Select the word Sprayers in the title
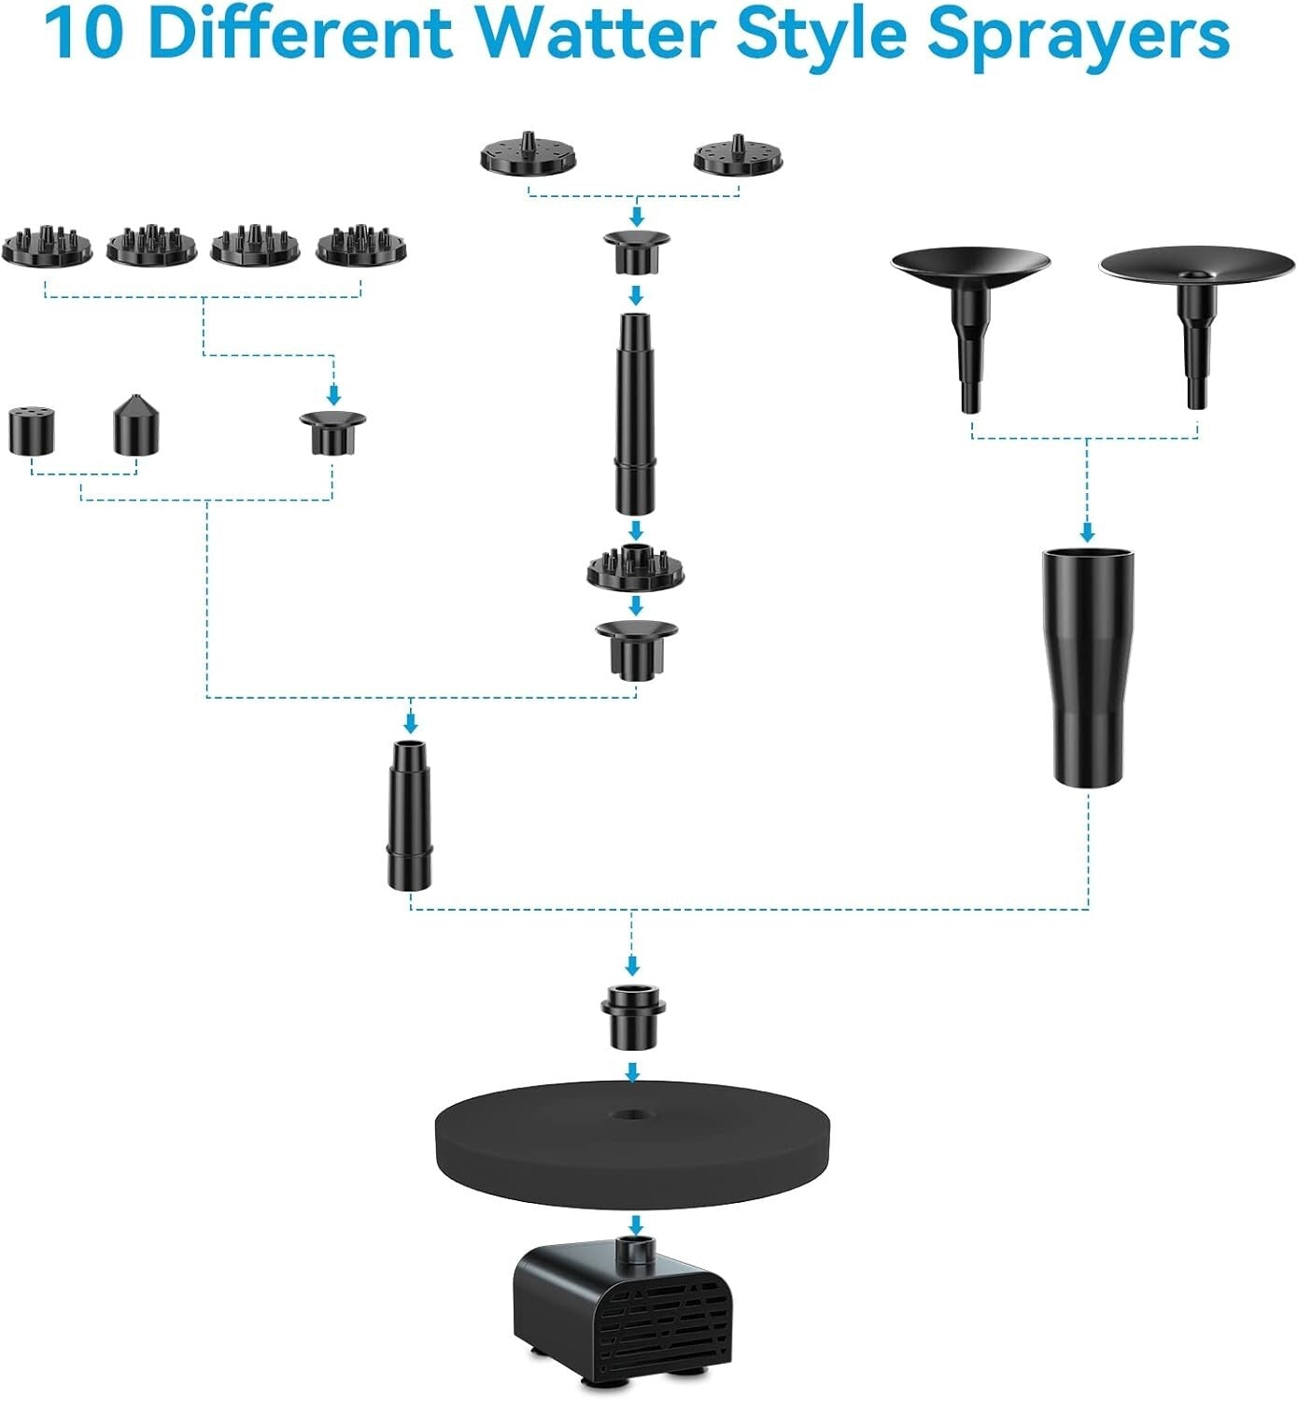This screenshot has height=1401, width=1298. coord(1078,35)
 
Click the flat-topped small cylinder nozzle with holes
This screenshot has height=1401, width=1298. coord(33,431)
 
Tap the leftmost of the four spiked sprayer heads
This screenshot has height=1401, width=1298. coord(48,245)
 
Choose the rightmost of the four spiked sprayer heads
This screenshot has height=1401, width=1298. coord(361,245)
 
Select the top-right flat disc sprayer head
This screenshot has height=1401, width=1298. coord(738,156)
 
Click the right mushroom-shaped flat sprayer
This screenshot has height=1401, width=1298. coord(1193,308)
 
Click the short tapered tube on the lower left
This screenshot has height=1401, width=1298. coord(411,814)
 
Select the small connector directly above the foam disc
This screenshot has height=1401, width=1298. coord(633,1016)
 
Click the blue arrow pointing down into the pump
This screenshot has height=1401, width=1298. coord(635,1224)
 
